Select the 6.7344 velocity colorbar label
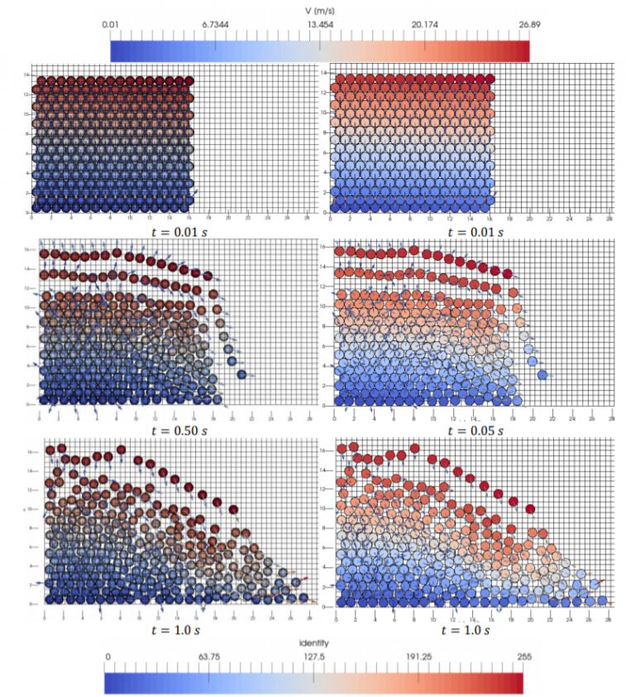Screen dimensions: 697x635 tap(215, 25)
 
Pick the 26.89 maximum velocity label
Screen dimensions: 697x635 tap(518, 25)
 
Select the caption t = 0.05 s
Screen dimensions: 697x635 tap(475, 431)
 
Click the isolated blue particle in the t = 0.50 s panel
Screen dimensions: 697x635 tap(242, 375)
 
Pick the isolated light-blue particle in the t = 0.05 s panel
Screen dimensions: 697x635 tap(542, 375)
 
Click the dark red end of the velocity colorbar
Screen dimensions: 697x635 tap(523, 50)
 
